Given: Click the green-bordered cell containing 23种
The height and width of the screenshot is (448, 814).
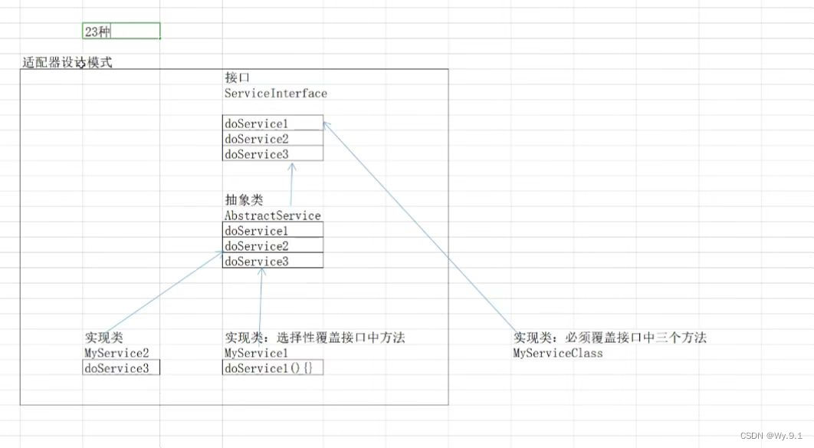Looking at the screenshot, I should [x=121, y=31].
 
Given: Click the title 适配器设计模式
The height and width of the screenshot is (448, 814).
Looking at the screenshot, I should [x=67, y=63].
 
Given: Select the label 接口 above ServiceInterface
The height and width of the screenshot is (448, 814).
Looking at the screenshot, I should [x=237, y=78].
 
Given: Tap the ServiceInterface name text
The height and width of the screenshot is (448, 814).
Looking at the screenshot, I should [x=275, y=94].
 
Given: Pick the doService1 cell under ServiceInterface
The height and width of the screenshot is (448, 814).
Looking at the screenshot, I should [x=272, y=124].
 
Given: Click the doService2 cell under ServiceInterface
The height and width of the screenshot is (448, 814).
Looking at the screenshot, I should [x=272, y=139].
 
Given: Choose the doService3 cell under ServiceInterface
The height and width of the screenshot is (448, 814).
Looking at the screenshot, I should [x=272, y=154].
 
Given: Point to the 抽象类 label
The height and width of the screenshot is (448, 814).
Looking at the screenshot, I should [x=244, y=199].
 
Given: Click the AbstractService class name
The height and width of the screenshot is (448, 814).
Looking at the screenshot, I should [x=272, y=216].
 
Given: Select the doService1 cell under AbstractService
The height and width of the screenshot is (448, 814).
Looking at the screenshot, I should [x=272, y=231].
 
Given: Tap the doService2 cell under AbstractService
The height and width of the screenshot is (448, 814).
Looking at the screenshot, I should [x=272, y=246].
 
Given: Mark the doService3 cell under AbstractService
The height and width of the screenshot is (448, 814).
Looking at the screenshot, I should [x=272, y=262].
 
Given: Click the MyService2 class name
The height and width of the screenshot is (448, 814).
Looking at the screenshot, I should [x=116, y=353].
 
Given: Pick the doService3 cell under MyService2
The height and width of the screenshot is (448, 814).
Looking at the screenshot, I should [x=121, y=368].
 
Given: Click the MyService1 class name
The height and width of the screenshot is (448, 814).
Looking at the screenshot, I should [x=256, y=353].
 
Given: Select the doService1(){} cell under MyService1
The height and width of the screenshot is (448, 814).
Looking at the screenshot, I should [x=272, y=368].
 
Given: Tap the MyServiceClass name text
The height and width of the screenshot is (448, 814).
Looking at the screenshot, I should [x=557, y=353].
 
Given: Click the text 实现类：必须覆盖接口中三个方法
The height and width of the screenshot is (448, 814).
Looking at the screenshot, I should [x=609, y=338].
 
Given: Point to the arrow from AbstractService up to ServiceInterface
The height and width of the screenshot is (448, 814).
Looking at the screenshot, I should [x=291, y=184].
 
